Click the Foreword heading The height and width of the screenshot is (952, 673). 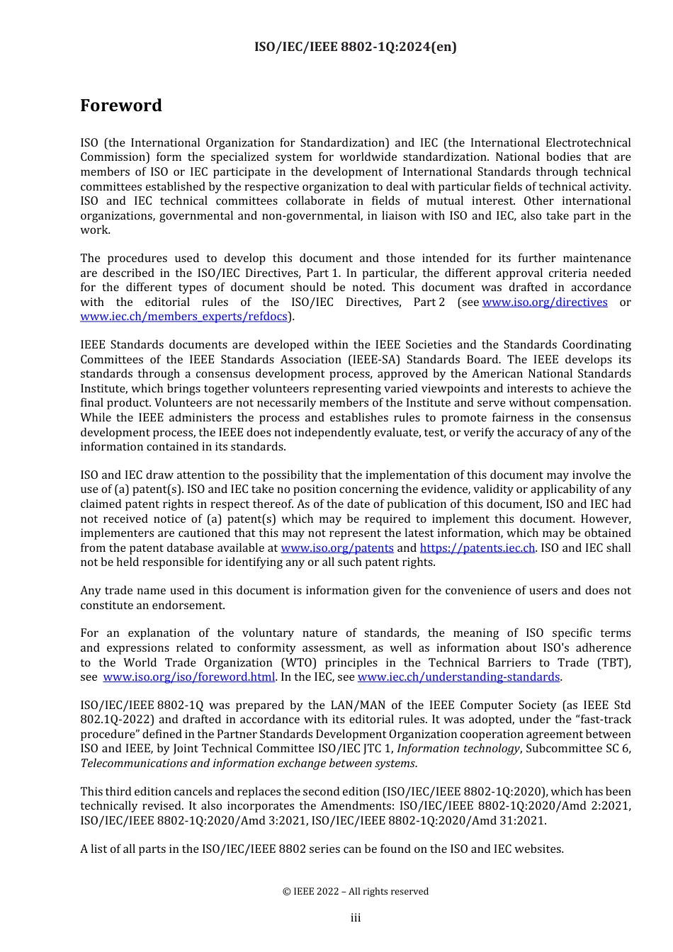(121, 106)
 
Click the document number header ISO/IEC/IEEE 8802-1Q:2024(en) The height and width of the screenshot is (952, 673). (356, 47)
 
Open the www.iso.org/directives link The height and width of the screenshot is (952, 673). (545, 302)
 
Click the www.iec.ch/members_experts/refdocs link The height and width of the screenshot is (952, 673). (184, 317)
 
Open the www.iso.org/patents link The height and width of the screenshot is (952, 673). (337, 548)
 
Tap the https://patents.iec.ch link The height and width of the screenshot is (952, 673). (477, 548)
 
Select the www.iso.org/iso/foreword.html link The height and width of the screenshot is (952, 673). (189, 677)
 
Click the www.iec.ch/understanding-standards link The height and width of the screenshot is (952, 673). (458, 677)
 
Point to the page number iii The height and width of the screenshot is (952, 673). (356, 918)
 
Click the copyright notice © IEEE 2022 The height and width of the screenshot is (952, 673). (356, 892)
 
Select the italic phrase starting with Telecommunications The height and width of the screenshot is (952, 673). (248, 764)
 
